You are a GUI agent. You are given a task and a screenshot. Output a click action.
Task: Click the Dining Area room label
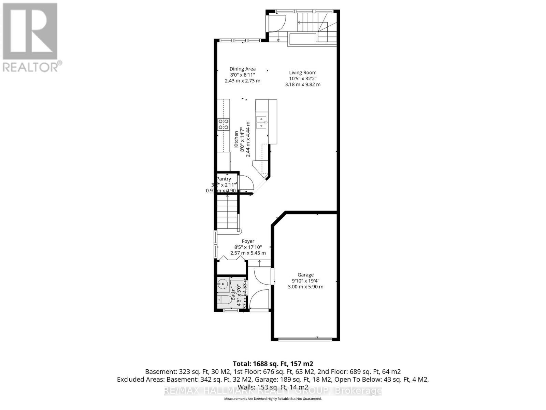242,69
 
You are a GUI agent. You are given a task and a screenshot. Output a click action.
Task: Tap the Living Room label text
303,72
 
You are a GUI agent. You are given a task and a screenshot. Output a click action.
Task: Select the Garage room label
305,275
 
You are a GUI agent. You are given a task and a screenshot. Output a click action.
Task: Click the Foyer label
248,241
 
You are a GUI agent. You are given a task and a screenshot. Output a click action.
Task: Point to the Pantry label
224,179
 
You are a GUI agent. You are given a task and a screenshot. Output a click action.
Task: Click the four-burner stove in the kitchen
224,124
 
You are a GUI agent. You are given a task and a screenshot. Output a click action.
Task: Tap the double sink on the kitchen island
262,122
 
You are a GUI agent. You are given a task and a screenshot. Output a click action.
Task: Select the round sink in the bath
222,283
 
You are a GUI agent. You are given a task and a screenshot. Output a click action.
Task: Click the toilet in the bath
224,300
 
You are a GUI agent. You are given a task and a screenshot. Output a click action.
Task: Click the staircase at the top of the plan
309,23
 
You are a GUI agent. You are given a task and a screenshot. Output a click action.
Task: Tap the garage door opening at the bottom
305,339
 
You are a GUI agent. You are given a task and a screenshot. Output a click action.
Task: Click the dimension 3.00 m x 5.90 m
305,287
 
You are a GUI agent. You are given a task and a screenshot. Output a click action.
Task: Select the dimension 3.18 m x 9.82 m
303,84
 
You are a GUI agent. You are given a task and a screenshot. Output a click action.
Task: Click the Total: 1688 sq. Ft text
273,364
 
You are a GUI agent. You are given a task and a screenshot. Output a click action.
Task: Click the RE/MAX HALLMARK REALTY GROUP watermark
273,391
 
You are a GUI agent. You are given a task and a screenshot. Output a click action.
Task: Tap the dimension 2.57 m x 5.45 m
248,253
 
